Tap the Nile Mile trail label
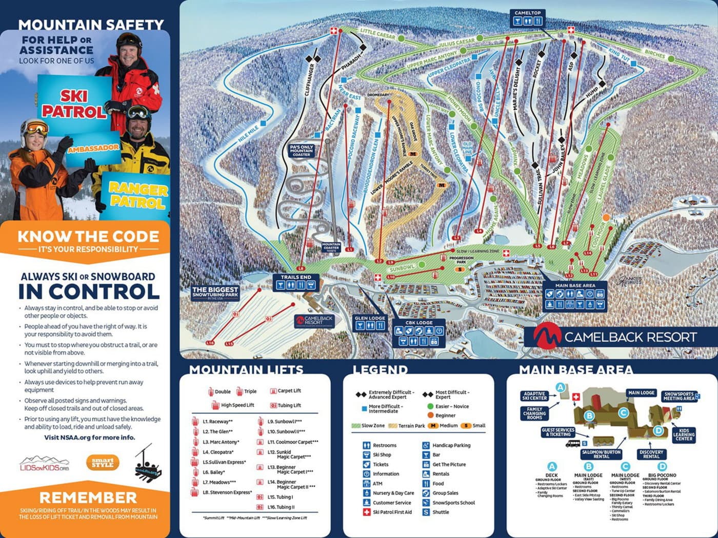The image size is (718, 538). pos(249,134)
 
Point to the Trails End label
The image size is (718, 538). pos(296,277)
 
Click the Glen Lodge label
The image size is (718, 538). pos(370,318)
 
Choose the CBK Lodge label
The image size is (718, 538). pos(418,323)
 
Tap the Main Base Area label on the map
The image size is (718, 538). pos(575,285)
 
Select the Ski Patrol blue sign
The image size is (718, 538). pos(74,104)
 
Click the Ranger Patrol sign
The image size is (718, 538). pos(136,195)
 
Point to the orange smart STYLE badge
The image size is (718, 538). pos(103,463)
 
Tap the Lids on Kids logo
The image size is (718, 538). pos(44,463)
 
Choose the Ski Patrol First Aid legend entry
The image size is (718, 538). pos(392,512)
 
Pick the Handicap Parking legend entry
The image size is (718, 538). pos(450,445)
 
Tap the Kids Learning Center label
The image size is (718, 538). pos(684,434)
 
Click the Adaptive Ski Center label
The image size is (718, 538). pos(534,396)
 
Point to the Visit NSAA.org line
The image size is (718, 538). pos(89,438)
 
